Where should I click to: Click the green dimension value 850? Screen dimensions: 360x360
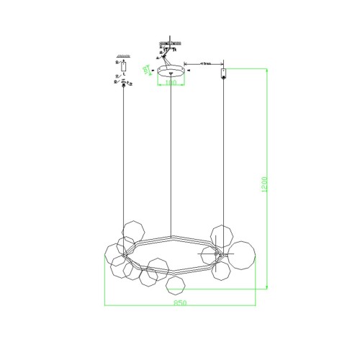[x=181, y=303]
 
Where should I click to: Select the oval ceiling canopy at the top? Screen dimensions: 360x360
[x=170, y=71]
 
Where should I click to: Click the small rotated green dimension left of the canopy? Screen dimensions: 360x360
[x=148, y=70]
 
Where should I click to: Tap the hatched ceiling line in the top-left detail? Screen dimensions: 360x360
[x=123, y=57]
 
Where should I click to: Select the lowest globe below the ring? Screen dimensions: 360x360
[x=174, y=286]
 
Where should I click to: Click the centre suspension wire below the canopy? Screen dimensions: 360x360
[x=171, y=158]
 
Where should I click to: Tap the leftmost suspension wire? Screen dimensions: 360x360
[x=124, y=158]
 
